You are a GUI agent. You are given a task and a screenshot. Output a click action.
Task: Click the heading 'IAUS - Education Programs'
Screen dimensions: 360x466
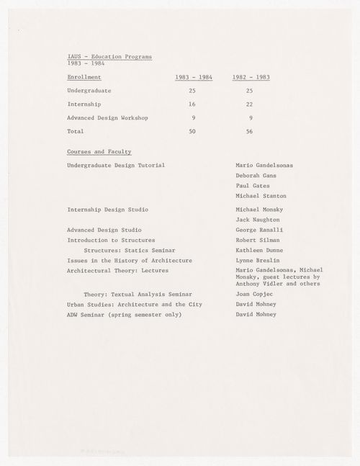point(109,56)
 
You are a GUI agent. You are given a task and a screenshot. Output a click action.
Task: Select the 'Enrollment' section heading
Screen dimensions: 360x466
point(84,76)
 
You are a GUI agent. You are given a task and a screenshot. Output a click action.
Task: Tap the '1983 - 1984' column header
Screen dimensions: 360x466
point(194,76)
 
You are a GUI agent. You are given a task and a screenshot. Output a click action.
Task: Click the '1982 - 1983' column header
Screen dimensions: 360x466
point(251,76)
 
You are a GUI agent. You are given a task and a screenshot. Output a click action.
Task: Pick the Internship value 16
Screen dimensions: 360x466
point(192,104)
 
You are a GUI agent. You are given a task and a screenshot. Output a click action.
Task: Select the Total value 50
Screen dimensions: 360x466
point(192,132)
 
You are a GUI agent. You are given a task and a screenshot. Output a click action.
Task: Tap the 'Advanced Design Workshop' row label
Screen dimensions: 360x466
point(107,117)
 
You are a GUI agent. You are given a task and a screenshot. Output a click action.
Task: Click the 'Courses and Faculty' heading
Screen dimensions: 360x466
point(99,152)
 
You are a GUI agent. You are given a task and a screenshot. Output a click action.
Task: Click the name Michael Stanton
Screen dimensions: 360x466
point(261,196)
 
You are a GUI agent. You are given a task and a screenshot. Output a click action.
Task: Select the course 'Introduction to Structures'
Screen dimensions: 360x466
point(111,240)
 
